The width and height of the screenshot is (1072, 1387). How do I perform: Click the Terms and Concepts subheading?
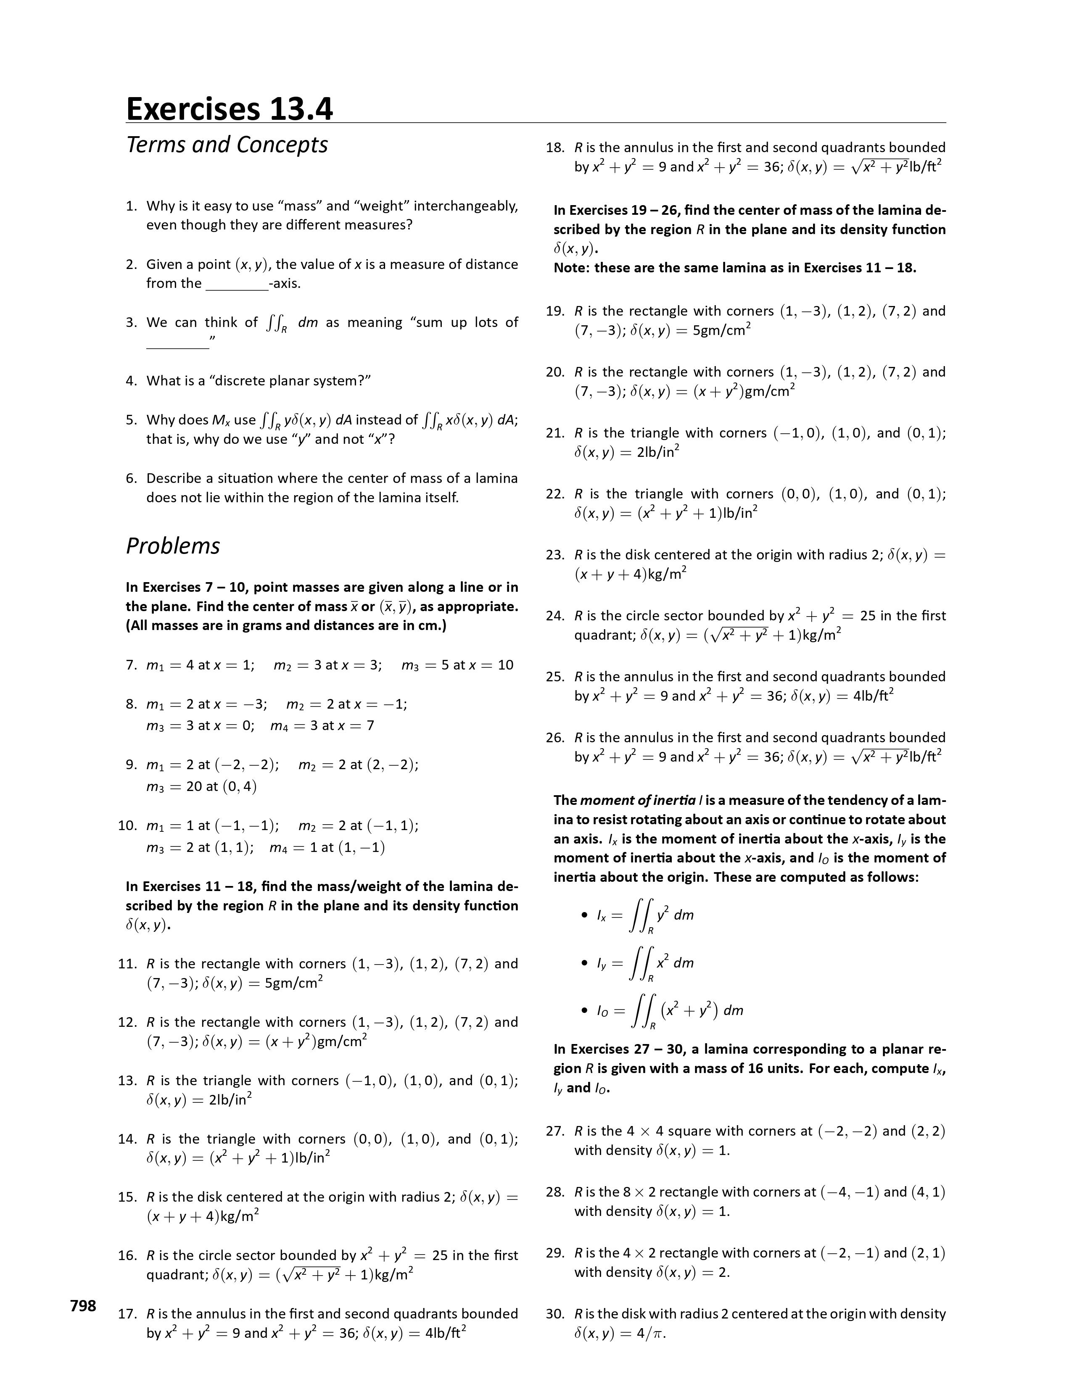pos(227,145)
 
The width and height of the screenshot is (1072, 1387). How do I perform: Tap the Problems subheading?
pos(173,546)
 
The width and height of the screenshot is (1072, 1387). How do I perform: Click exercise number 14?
pos(127,1139)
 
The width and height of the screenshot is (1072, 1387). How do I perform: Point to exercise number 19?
pos(555,311)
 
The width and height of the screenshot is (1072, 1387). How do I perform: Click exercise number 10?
pos(127,825)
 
